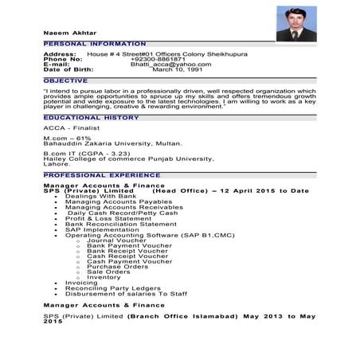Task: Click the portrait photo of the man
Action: coord(295,24)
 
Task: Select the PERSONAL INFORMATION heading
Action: coord(95,43)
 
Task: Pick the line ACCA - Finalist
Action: coord(70,128)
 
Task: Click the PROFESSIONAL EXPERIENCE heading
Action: coord(96,174)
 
